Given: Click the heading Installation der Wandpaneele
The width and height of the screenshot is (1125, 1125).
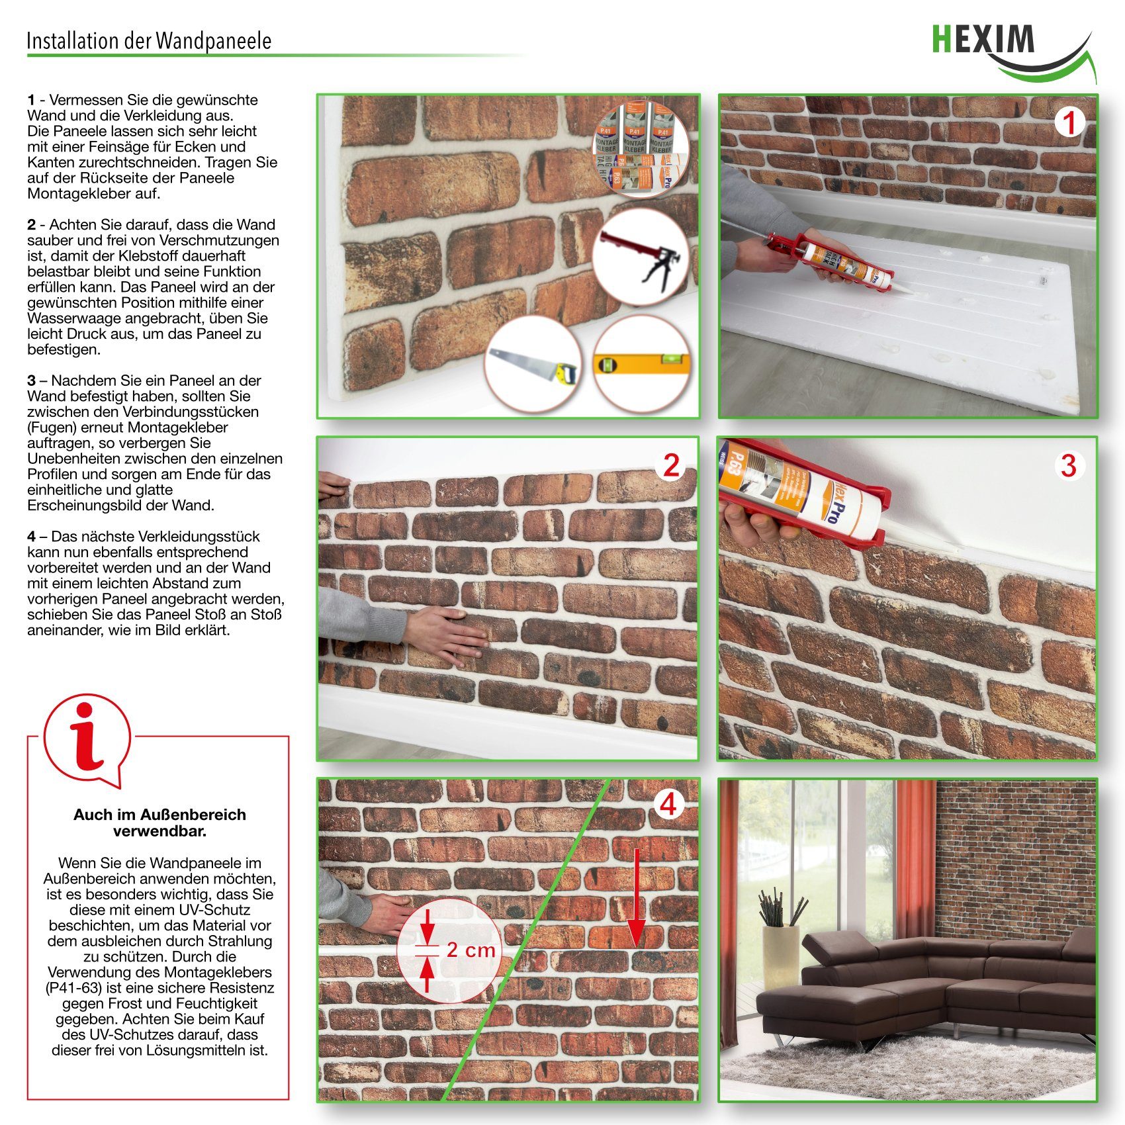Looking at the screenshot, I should [149, 41].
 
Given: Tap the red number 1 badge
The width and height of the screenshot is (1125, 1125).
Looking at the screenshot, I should [1069, 123].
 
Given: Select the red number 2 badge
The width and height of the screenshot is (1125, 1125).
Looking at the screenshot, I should [670, 466].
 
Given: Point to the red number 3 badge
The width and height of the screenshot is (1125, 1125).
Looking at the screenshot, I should [1068, 466].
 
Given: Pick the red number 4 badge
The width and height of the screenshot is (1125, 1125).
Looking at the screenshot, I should [668, 805].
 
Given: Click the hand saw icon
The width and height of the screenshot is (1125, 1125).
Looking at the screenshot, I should [532, 364].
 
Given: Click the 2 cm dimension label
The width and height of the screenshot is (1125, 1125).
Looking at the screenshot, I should [471, 950].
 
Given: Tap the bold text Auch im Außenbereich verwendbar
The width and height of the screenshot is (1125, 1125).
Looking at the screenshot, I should [159, 823].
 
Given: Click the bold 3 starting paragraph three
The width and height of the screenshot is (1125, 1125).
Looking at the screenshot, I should [31, 381].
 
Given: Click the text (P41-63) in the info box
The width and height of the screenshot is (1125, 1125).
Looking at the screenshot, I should [74, 988].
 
